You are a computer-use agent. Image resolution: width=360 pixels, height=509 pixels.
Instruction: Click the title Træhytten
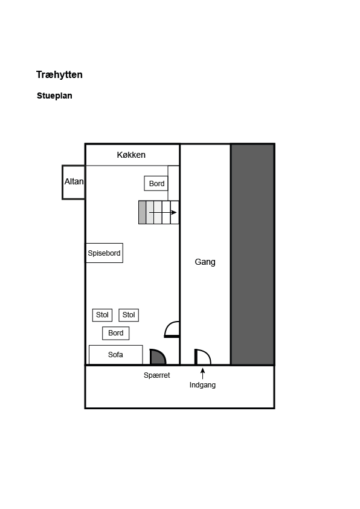[59, 75]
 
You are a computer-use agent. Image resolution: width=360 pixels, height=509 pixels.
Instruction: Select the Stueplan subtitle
[54, 96]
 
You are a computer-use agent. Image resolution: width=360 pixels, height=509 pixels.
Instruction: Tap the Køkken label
[131, 155]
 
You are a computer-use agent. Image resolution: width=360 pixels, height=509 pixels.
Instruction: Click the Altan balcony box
[74, 182]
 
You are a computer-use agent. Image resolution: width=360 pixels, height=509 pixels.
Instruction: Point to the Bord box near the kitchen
[156, 183]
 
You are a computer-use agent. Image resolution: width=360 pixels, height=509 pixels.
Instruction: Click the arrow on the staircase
[163, 213]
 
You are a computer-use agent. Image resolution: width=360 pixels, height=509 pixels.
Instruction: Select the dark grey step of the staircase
[142, 212]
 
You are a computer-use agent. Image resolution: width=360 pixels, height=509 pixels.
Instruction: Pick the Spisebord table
[104, 253]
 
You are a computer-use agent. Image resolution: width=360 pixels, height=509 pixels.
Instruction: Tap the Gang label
[205, 262]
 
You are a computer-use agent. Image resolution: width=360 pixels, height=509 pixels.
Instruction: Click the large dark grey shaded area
[252, 254]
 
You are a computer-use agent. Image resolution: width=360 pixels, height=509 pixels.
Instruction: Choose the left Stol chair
[102, 315]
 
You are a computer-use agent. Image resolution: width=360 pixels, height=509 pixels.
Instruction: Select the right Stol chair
[129, 315]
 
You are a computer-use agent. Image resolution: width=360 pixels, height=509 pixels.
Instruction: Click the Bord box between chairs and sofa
[116, 333]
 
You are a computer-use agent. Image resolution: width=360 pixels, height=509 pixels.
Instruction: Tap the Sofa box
[116, 354]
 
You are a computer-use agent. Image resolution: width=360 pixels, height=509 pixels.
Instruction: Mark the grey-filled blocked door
[158, 357]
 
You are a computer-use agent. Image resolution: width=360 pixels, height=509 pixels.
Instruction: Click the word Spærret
[156, 375]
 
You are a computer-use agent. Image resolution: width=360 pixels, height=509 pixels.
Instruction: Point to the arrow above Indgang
[203, 374]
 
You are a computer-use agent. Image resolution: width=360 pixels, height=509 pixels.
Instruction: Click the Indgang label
[202, 385]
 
